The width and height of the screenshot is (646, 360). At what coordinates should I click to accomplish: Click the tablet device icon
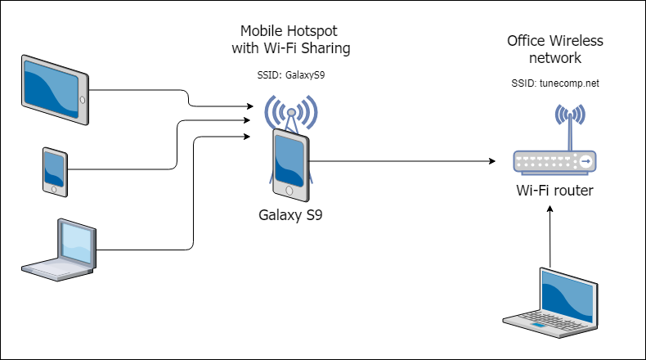(x=55, y=90)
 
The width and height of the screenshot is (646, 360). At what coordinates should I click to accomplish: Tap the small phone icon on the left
(x=55, y=172)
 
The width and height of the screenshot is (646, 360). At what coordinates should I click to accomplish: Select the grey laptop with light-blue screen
(x=59, y=250)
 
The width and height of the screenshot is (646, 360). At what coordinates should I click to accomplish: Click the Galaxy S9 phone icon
(x=290, y=165)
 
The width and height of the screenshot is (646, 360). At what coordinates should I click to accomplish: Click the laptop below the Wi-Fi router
(x=550, y=304)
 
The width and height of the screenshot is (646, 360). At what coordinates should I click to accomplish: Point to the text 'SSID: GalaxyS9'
(x=291, y=75)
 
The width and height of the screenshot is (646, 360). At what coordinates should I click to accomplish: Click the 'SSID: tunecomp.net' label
(x=555, y=83)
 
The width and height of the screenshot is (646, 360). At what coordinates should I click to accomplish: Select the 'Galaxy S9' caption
(x=290, y=215)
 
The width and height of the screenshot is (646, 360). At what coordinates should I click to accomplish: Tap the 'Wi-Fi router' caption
(x=554, y=191)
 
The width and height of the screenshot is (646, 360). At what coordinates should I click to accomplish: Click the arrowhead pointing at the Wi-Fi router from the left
(x=492, y=161)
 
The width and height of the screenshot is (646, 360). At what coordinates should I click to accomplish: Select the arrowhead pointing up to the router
(x=550, y=209)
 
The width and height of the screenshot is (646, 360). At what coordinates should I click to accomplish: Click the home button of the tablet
(x=83, y=100)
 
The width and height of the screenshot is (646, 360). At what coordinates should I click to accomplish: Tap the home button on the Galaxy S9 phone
(x=289, y=191)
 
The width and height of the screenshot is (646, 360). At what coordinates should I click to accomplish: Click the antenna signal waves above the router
(x=570, y=114)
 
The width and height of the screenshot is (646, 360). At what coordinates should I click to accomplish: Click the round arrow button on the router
(x=585, y=161)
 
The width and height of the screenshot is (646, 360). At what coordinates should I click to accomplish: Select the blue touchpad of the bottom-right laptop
(x=537, y=326)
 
